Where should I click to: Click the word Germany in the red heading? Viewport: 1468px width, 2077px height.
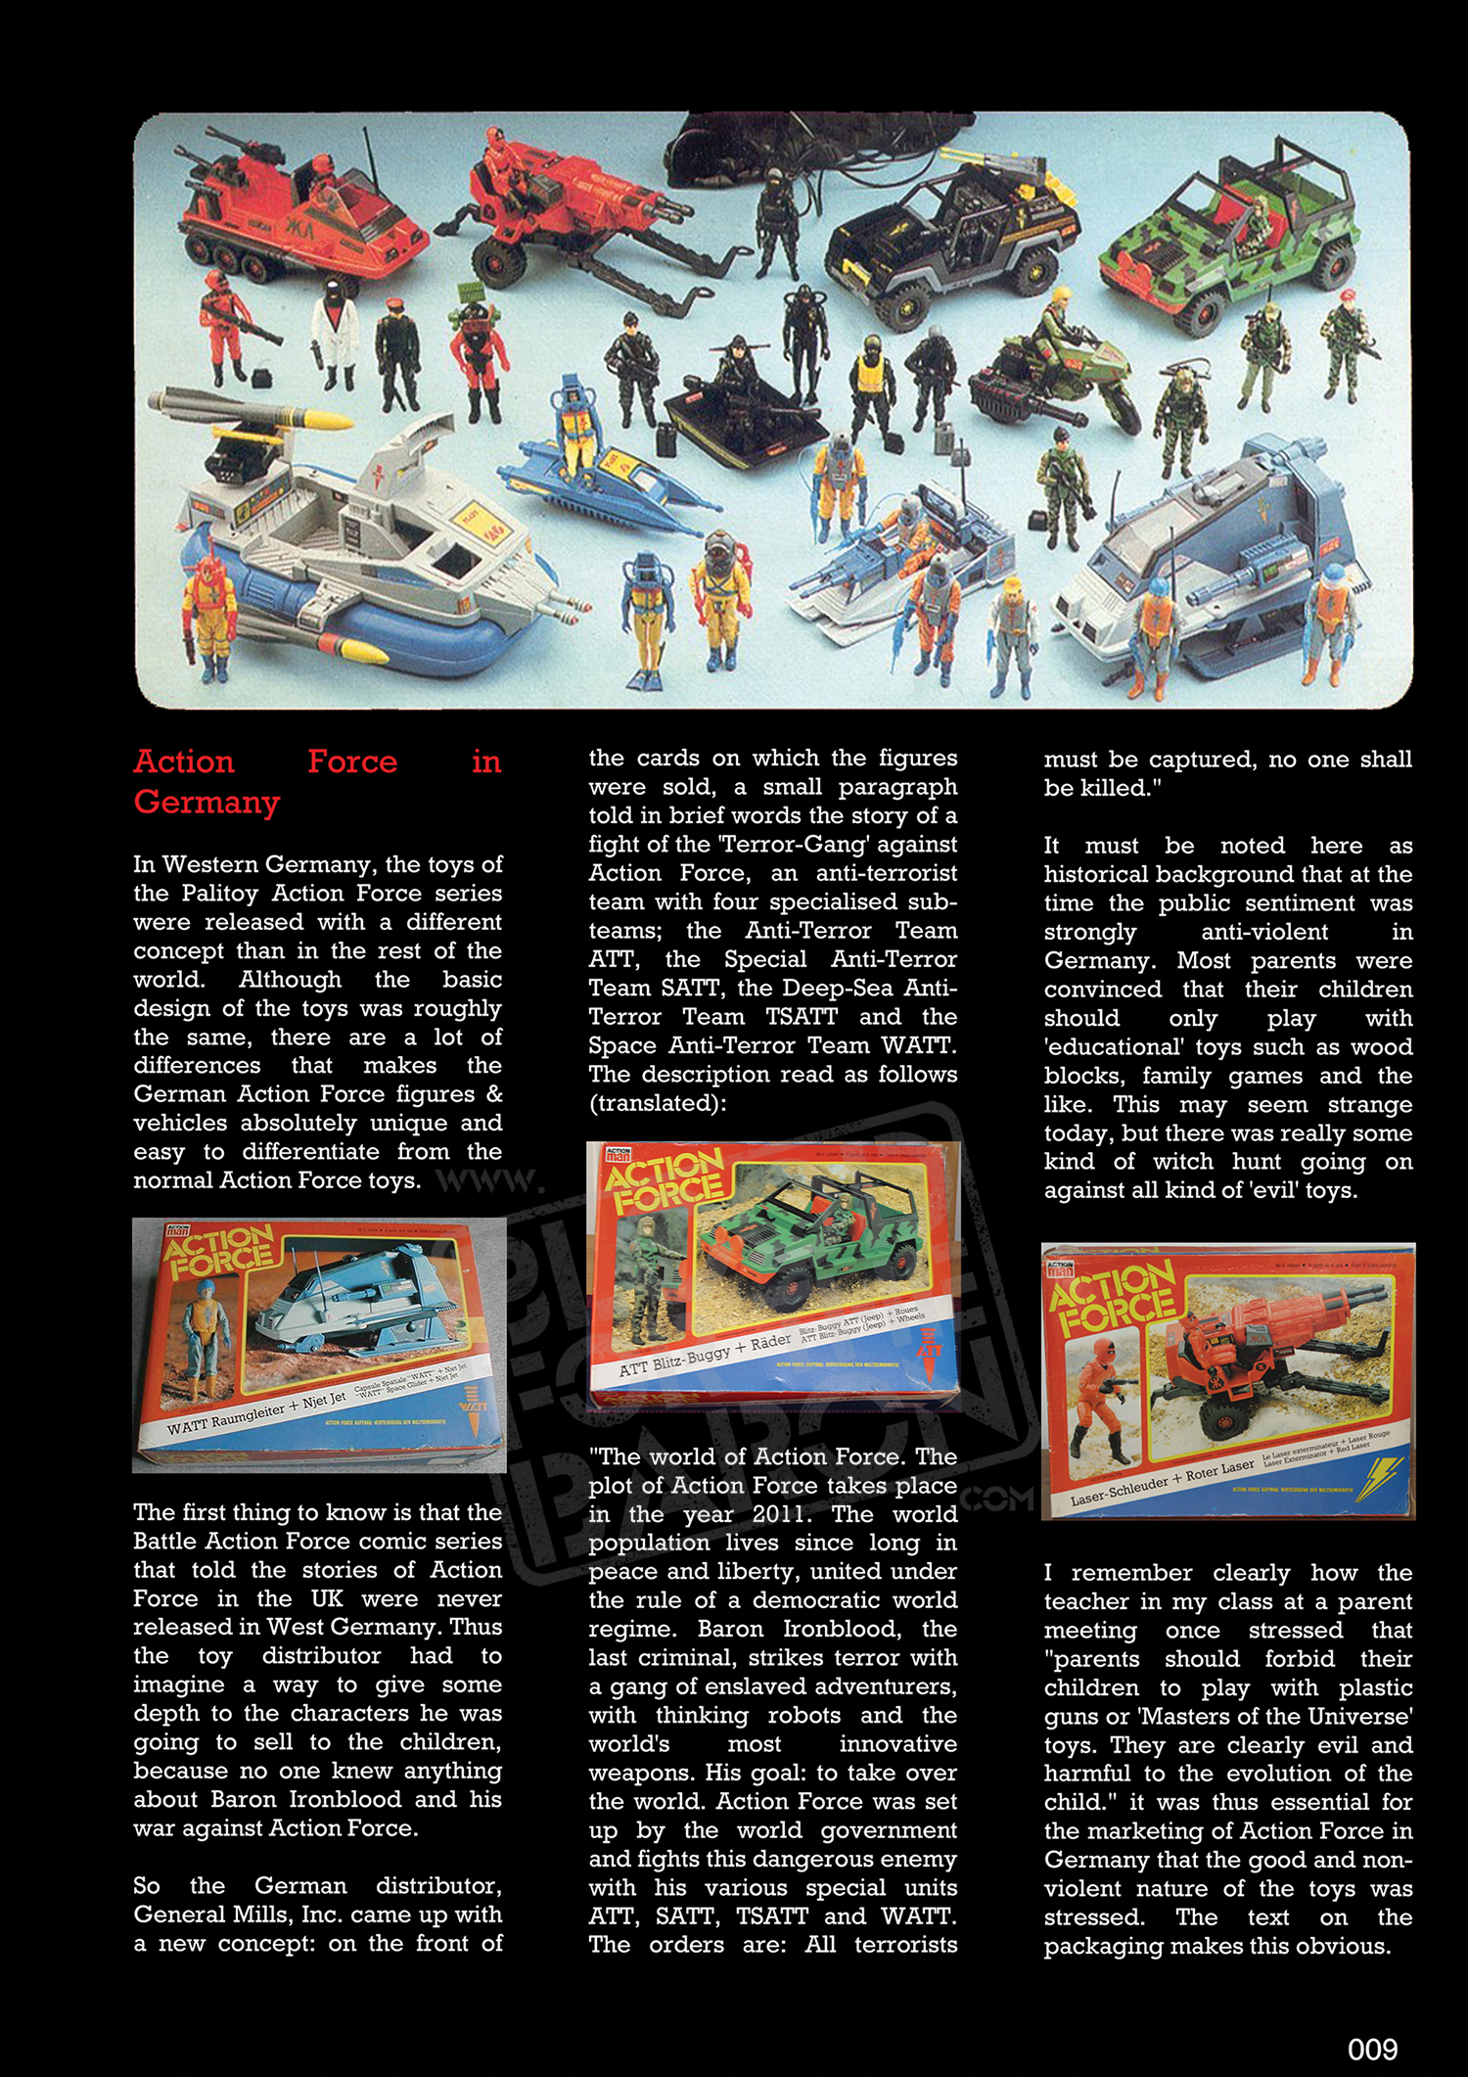click(x=206, y=802)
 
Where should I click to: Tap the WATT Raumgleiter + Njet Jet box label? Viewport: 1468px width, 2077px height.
click(x=256, y=1413)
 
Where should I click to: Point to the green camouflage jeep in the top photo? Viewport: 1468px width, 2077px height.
click(x=1228, y=234)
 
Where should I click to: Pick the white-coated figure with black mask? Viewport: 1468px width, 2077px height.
click(x=334, y=333)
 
